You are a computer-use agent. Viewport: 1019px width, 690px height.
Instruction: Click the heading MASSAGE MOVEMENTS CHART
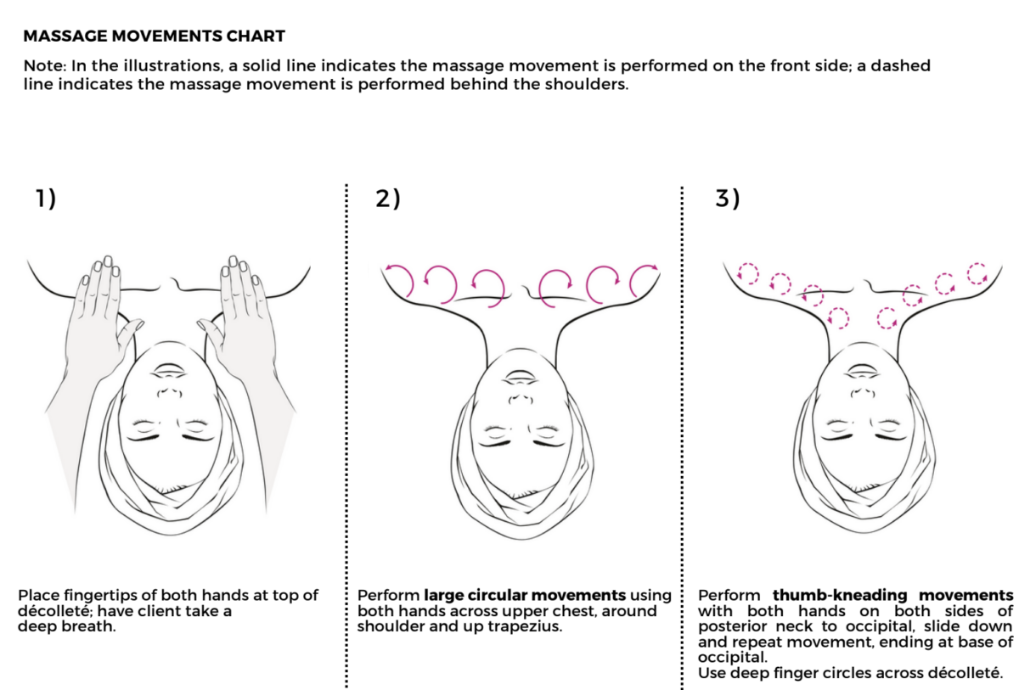(154, 36)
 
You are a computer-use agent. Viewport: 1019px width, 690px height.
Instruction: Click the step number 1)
(45, 199)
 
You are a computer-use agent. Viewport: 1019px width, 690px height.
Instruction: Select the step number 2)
(386, 199)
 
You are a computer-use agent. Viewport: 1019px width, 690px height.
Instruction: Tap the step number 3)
(728, 199)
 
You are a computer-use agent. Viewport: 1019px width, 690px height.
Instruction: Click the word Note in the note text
(39, 65)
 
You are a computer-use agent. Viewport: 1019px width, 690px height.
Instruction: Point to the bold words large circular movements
(525, 595)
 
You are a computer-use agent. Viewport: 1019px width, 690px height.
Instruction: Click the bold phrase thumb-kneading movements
(892, 595)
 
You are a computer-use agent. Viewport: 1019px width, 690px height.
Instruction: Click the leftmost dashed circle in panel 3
(748, 272)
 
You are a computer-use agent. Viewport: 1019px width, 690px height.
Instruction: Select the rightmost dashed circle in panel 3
(977, 273)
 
